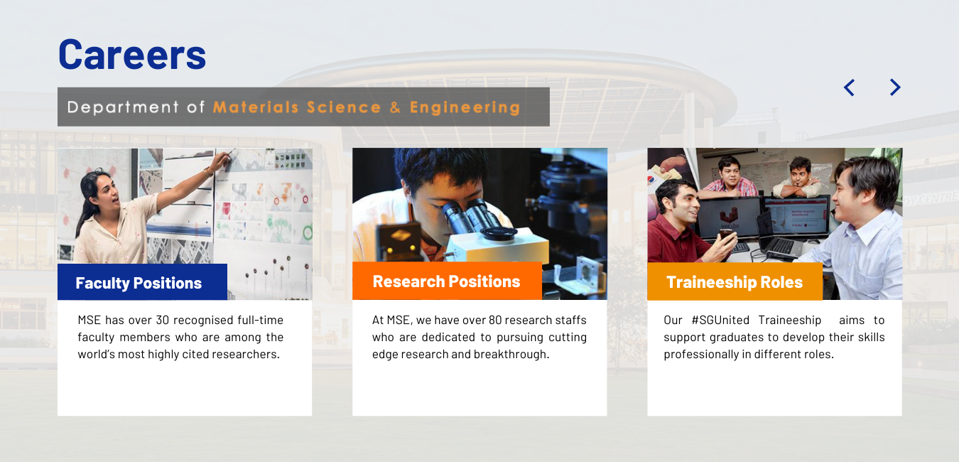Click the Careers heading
point(132,54)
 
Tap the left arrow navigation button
point(849,87)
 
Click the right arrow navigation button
point(895,87)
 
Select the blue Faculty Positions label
point(139,283)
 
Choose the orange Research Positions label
point(446,281)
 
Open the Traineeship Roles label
point(734,282)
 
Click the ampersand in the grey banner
point(395,107)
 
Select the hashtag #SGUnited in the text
point(720,321)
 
